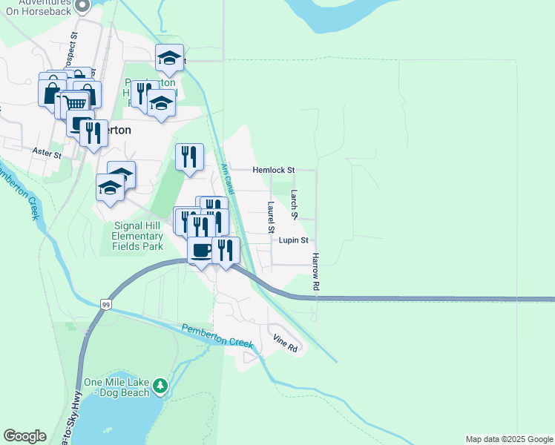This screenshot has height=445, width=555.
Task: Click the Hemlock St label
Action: point(274,170)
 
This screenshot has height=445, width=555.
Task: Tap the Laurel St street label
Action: point(271,217)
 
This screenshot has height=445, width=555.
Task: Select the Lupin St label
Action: point(294,240)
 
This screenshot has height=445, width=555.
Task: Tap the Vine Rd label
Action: point(285,343)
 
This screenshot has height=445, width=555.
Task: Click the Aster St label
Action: point(46,151)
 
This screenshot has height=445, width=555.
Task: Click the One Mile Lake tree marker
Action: point(160,386)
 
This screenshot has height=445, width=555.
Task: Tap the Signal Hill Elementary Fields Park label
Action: point(137,235)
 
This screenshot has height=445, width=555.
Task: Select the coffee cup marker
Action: point(200,249)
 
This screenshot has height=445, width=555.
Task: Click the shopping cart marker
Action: point(76,104)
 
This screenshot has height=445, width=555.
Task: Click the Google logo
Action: point(24,436)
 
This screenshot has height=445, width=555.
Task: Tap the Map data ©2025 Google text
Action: point(509,439)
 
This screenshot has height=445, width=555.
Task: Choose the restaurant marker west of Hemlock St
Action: point(189,156)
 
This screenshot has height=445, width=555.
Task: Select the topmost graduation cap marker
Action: point(169,58)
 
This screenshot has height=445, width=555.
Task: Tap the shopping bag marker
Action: point(51,93)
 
